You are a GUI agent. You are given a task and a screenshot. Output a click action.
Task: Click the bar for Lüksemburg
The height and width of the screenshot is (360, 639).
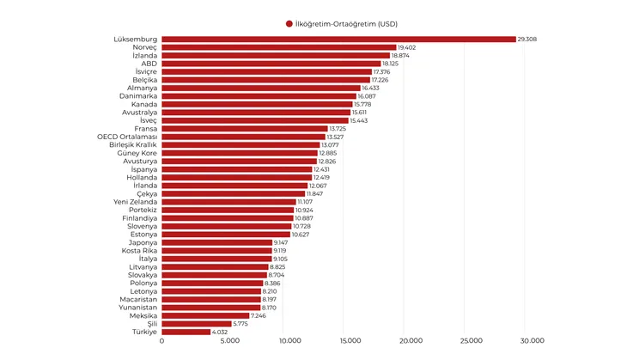tap(338, 39)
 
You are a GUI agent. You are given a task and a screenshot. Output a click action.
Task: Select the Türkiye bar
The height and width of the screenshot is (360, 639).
tap(186, 332)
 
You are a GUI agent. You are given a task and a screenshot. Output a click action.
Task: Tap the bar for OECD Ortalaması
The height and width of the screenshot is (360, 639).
tap(244, 137)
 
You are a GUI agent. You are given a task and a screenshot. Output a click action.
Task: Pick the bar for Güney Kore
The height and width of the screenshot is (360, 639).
tap(240, 153)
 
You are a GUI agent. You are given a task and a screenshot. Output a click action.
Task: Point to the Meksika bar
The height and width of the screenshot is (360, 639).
tap(205, 315)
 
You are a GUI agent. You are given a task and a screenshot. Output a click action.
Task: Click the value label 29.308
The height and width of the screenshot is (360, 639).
tap(528, 39)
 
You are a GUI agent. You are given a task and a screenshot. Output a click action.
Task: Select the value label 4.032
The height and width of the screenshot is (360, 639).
tap(222, 332)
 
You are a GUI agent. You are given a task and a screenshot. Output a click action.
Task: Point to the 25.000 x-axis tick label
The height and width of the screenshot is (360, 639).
tap(471, 341)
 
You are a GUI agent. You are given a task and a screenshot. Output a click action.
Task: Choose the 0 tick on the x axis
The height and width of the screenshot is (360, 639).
tap(161, 341)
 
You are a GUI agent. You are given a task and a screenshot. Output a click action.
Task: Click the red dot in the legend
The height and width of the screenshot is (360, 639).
tap(289, 23)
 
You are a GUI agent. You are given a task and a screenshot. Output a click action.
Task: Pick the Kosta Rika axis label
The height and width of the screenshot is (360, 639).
tap(138, 251)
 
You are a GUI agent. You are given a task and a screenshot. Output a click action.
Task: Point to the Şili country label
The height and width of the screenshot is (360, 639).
tap(150, 324)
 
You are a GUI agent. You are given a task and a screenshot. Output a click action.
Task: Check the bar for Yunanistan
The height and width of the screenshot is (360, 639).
tap(211, 308)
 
